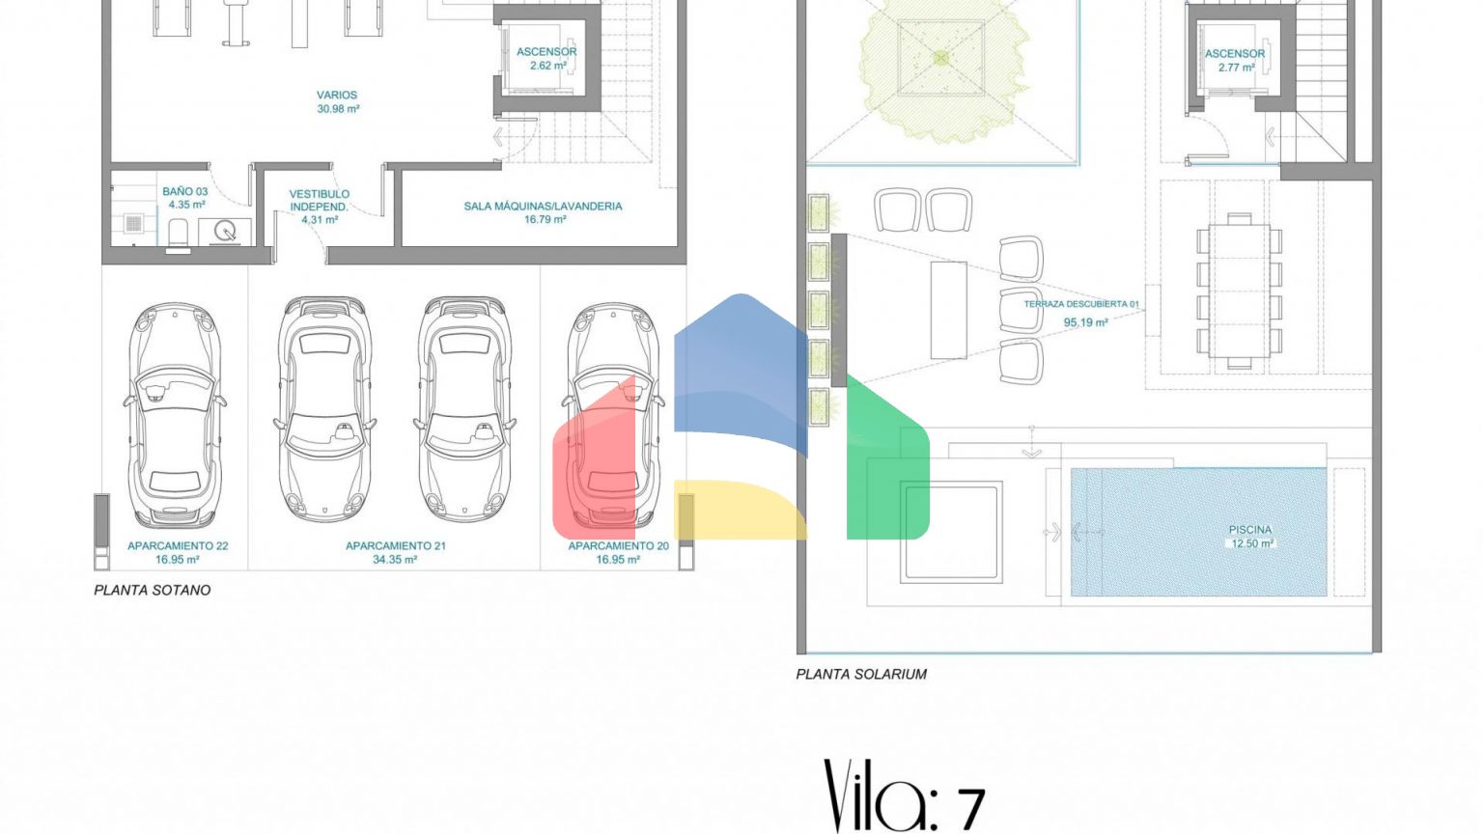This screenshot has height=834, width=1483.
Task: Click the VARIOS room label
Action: pyautogui.click(x=337, y=96)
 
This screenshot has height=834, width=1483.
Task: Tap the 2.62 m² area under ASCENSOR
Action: pyautogui.click(x=547, y=66)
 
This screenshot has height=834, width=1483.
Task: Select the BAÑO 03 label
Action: pyautogui.click(x=185, y=191)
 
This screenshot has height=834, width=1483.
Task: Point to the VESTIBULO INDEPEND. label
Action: pyautogui.click(x=320, y=201)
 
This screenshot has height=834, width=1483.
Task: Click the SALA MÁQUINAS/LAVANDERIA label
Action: pyautogui.click(x=543, y=207)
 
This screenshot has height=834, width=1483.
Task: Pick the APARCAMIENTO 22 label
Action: pyautogui.click(x=178, y=546)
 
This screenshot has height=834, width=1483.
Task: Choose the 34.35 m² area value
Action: pyautogui.click(x=395, y=560)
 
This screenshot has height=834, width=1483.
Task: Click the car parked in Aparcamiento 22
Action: pyautogui.click(x=174, y=416)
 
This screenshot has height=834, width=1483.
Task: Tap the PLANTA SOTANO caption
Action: pyautogui.click(x=153, y=591)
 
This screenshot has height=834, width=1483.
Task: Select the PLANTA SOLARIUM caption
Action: pyautogui.click(x=861, y=675)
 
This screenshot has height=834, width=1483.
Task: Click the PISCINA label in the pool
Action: pyautogui.click(x=1250, y=530)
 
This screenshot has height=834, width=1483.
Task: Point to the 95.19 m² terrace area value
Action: pyautogui.click(x=1086, y=323)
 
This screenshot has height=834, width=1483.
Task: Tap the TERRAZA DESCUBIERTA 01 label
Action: pyautogui.click(x=1081, y=304)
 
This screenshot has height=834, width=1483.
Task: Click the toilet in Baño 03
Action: pyautogui.click(x=178, y=236)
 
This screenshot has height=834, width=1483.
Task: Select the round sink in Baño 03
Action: pyautogui.click(x=225, y=231)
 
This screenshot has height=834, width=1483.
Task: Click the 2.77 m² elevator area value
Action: pyautogui.click(x=1236, y=68)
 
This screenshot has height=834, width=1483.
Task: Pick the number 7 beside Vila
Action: pyautogui.click(x=971, y=809)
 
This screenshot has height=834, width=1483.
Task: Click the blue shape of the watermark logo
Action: pyautogui.click(x=741, y=371)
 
